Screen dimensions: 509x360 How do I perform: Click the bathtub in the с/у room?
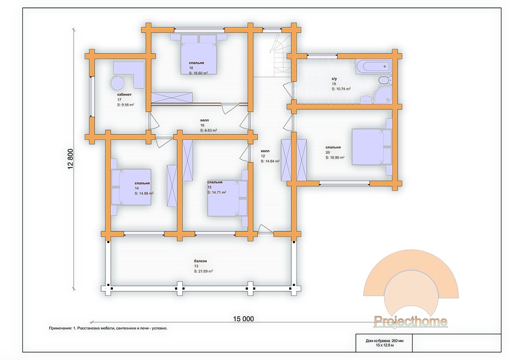(373, 67)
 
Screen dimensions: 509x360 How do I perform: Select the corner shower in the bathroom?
(383, 95)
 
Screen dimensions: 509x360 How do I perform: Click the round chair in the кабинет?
(117, 83)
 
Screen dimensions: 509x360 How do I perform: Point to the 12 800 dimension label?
(71, 159)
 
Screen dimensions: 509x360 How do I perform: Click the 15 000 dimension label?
(243, 319)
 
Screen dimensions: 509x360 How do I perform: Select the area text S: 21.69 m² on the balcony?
(204, 271)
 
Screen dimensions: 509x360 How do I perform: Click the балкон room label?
(200, 261)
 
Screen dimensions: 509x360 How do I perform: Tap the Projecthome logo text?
(410, 322)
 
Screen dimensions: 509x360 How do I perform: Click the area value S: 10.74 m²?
(341, 89)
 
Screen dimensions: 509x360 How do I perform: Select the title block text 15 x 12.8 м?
(385, 345)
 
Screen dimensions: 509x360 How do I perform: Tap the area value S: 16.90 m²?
(335, 157)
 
